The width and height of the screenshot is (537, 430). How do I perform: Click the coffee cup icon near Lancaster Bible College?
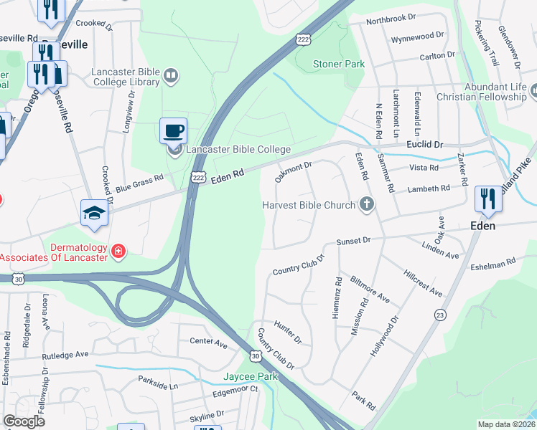tap(174, 131)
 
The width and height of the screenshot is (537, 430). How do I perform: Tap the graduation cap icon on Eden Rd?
tap(94, 213)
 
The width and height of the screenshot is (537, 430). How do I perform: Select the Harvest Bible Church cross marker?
tap(366, 205)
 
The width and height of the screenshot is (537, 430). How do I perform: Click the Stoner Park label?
tap(339, 64)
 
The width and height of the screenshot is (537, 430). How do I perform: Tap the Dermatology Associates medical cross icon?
tap(118, 251)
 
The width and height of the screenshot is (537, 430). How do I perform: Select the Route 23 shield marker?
tap(440, 315)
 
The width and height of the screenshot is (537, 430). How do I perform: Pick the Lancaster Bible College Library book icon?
tap(171, 74)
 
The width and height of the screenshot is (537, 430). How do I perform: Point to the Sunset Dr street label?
tap(354, 240)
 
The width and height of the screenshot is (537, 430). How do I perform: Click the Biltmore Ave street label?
tap(370, 288)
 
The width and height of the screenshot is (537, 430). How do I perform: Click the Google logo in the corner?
tap(24, 421)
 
